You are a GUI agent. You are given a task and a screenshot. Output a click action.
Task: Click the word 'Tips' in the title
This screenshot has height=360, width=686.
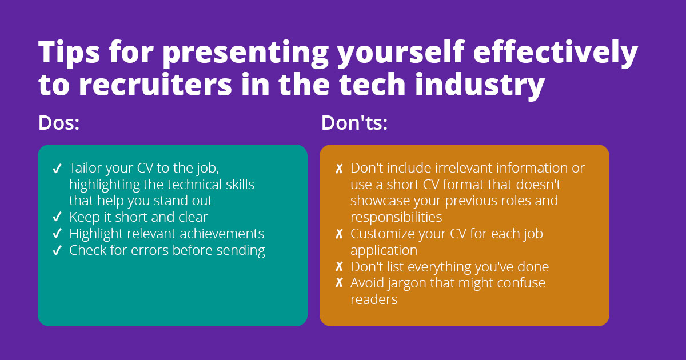[x=69, y=52]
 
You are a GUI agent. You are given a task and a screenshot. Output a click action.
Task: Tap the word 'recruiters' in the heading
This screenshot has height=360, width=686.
[x=155, y=85]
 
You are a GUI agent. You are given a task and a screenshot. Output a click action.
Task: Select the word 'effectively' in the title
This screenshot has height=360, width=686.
[x=556, y=52]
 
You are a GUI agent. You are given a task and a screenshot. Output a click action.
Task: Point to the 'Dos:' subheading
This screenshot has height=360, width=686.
[x=59, y=123]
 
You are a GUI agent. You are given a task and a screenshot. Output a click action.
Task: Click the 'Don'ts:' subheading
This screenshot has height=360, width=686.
[x=354, y=123]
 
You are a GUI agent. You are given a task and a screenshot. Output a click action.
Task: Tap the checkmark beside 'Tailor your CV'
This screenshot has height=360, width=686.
[x=57, y=169]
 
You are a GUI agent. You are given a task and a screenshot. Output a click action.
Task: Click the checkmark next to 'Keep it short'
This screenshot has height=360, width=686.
[x=57, y=217]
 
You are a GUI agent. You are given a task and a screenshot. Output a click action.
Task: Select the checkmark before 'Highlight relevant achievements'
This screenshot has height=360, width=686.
[x=57, y=234]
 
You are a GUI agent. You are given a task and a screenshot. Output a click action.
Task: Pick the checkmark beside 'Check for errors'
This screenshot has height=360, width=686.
[x=57, y=250]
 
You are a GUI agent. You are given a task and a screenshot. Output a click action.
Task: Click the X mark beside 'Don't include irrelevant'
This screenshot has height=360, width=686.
[x=339, y=169]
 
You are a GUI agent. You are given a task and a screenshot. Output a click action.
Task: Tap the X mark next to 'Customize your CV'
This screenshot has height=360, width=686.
[x=339, y=234]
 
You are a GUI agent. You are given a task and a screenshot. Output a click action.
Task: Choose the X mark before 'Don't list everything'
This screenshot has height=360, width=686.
[x=339, y=267]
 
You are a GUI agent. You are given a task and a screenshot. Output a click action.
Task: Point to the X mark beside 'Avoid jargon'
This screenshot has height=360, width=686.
[x=339, y=283]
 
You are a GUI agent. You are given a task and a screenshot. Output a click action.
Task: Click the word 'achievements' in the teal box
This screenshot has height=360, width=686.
[x=222, y=234]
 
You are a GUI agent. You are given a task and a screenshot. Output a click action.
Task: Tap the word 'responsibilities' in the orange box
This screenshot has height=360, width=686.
[x=396, y=217]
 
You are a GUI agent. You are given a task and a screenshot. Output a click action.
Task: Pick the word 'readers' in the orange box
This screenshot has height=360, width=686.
[x=374, y=299]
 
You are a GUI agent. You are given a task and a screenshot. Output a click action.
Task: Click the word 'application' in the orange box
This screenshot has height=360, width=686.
[x=384, y=251]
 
